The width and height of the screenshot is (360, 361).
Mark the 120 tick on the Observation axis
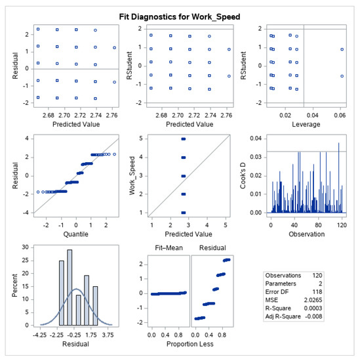click(338, 223)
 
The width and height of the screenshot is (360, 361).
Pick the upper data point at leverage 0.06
click(342, 49)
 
